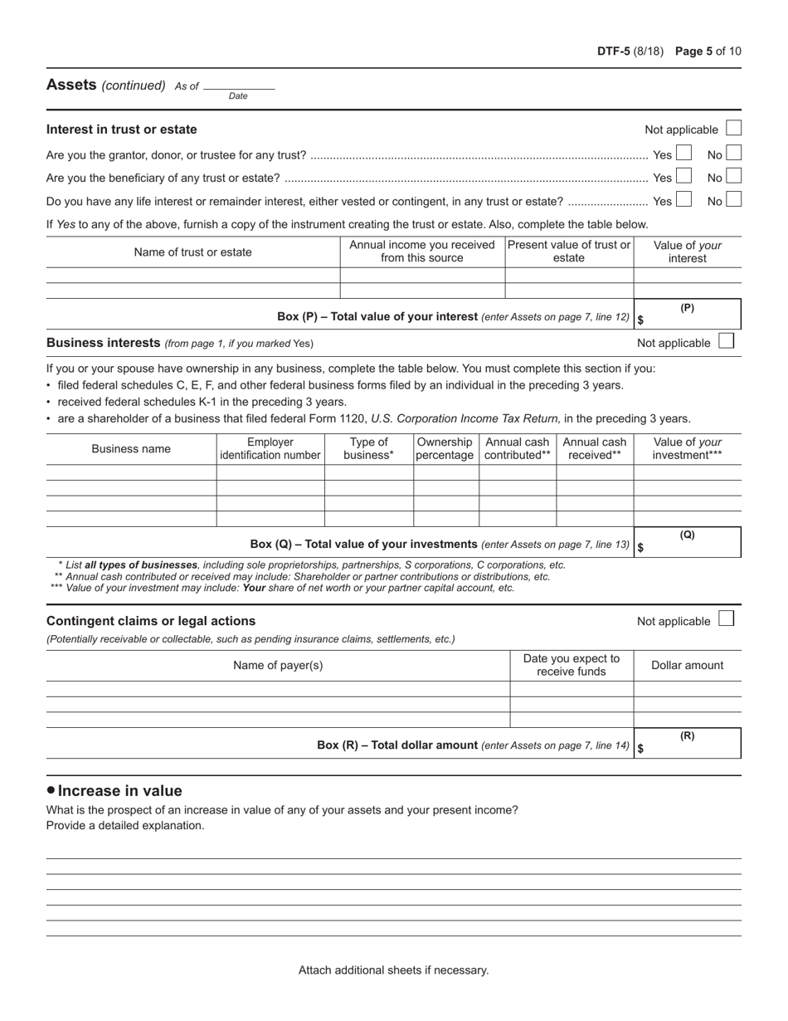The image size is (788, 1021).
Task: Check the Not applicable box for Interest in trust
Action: [733, 129]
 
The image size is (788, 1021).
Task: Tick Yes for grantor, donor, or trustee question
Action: [683, 154]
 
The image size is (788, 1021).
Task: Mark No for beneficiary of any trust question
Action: [733, 176]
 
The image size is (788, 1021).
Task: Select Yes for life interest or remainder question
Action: [683, 199]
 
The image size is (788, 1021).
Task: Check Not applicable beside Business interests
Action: [726, 341]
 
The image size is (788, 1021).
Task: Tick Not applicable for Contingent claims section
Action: [726, 619]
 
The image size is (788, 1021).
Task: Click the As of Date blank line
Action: [238, 85]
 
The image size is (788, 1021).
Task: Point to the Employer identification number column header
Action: [270, 448]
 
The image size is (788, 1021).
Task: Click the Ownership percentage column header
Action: [445, 448]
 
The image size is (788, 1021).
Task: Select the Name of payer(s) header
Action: [278, 665]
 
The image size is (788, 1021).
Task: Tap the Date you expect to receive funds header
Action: [572, 665]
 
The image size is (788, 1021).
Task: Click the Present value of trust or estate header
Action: [569, 251]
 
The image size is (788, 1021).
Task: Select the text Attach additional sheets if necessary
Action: [393, 970]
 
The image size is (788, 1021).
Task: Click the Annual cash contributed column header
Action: [517, 448]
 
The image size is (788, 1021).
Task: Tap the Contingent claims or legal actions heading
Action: [151, 621]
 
